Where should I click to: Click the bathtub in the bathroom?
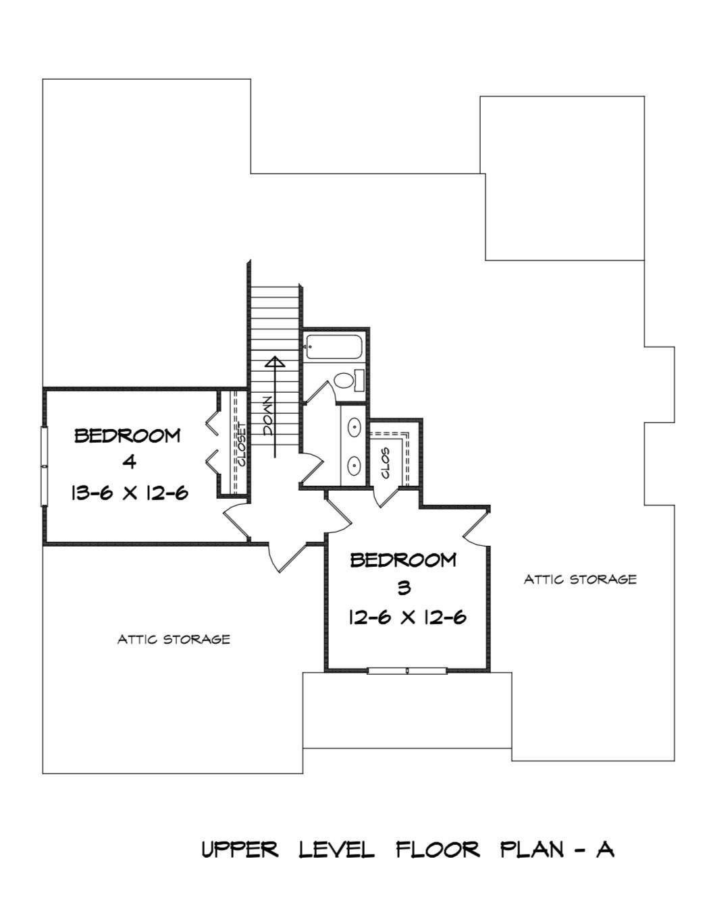pyautogui.click(x=334, y=346)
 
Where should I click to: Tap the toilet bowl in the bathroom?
pyautogui.click(x=346, y=381)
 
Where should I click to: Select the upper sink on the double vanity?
pyautogui.click(x=354, y=427)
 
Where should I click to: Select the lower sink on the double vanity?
pyautogui.click(x=354, y=464)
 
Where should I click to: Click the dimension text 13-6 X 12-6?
pyautogui.click(x=129, y=493)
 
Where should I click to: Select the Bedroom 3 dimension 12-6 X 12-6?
pyautogui.click(x=407, y=617)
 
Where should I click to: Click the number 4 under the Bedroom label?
pyautogui.click(x=130, y=463)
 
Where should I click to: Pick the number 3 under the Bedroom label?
pyautogui.click(x=404, y=588)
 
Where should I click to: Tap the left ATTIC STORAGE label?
pyautogui.click(x=174, y=638)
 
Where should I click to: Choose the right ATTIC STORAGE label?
pyautogui.click(x=580, y=579)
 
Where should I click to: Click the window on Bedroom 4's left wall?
pyautogui.click(x=45, y=466)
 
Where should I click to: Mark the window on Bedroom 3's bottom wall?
pyautogui.click(x=407, y=671)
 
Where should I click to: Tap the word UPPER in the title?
pyautogui.click(x=240, y=849)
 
